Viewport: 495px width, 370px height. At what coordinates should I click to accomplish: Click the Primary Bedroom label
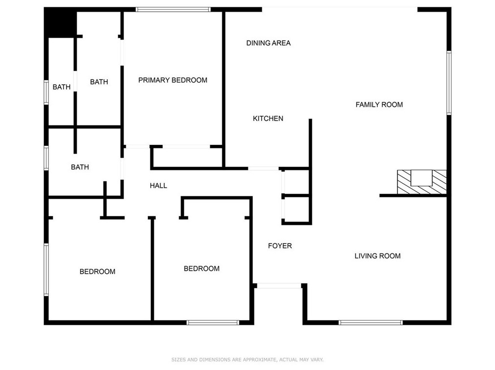pos(173,80)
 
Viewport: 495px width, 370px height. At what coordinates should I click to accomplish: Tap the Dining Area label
pos(268,43)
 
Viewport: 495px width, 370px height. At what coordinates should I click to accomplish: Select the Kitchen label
pos(268,118)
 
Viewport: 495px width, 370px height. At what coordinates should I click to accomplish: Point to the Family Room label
pos(379,104)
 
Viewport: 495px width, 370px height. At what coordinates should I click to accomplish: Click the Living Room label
pos(377,256)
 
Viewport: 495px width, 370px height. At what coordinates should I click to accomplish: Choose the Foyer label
pos(280,246)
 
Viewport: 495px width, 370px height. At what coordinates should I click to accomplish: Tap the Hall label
pos(158,185)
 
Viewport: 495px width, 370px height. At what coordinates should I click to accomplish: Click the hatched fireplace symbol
pos(422,182)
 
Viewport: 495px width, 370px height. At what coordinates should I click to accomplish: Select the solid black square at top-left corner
pos(61,23)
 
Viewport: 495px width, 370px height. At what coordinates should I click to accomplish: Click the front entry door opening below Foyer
pos(279,286)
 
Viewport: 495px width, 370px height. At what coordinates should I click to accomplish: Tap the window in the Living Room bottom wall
pos(371,322)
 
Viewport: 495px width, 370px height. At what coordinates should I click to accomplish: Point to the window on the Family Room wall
pos(449,83)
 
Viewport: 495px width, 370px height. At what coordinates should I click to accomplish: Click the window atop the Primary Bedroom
pos(173,9)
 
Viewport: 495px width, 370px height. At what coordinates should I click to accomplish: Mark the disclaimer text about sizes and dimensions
pos(247,360)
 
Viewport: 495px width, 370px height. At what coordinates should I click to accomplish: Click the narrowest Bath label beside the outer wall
pos(62,87)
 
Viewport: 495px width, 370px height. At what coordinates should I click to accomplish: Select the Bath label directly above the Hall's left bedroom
pos(80,167)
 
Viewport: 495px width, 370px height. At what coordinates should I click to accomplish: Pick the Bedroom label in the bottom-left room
pos(98,271)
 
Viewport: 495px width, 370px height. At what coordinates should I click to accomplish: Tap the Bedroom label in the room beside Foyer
pos(202,268)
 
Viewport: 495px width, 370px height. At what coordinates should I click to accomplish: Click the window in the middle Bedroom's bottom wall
pos(213,322)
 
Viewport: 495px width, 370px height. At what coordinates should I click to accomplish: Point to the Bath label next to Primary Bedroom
pos(99,82)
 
